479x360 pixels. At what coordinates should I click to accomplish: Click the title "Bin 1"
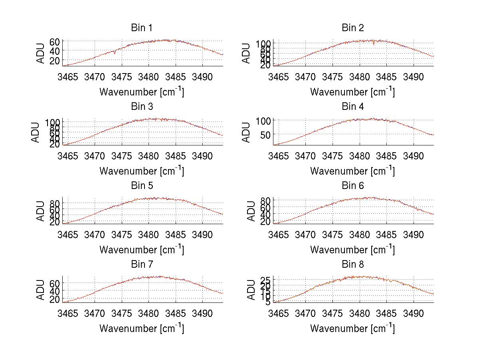[x=142, y=28]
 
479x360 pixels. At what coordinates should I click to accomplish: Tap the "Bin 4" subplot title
[x=353, y=107]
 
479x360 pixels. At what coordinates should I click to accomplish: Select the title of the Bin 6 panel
[x=353, y=185]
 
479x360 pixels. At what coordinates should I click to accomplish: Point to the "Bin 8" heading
[x=353, y=264]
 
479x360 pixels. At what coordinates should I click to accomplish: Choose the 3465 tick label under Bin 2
[x=278, y=77]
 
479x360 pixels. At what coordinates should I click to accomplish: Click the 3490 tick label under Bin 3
[x=203, y=155]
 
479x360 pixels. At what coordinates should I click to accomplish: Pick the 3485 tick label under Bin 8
[x=386, y=313]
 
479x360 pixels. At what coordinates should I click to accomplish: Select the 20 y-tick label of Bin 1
[x=54, y=60]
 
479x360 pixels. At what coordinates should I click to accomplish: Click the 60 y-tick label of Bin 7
[x=54, y=283]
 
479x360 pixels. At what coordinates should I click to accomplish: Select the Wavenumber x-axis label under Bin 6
[x=352, y=250]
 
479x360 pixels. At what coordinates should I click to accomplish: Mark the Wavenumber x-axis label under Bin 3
[x=142, y=171]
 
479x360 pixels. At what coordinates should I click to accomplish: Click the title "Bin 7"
[x=142, y=264]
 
